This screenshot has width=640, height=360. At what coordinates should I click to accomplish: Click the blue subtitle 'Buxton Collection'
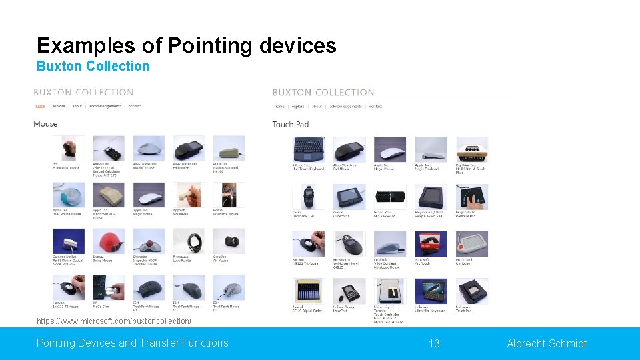click(x=93, y=66)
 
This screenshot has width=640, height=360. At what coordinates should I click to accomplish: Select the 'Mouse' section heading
click(x=45, y=124)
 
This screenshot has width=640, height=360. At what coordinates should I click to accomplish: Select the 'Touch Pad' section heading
click(x=291, y=124)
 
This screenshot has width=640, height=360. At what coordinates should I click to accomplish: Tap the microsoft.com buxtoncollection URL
click(x=114, y=321)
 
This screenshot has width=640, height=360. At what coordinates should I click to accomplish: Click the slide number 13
click(x=434, y=344)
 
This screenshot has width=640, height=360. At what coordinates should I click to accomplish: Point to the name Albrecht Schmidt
click(x=547, y=344)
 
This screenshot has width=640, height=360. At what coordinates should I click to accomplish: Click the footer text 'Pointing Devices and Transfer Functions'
click(x=132, y=343)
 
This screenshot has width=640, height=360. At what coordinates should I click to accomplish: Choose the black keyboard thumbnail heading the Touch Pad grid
click(x=308, y=149)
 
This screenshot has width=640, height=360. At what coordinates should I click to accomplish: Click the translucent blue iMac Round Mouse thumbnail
click(x=69, y=195)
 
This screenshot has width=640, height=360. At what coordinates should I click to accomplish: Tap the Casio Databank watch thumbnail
click(x=308, y=196)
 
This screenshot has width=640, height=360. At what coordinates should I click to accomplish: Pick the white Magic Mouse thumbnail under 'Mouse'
click(x=149, y=195)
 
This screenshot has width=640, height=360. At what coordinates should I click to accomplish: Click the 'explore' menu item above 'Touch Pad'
click(x=298, y=107)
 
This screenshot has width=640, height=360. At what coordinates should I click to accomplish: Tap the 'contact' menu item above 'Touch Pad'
click(x=375, y=107)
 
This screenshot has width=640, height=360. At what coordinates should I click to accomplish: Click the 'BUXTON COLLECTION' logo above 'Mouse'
click(x=83, y=93)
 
